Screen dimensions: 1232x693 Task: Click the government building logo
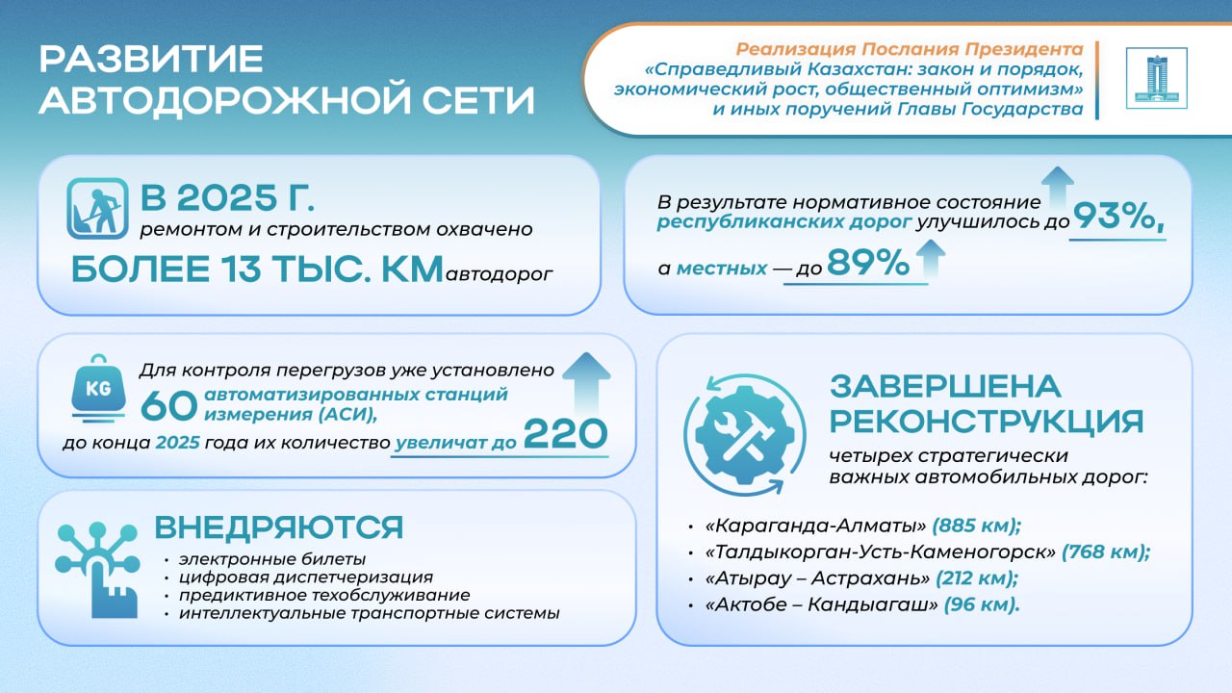(x=1157, y=78)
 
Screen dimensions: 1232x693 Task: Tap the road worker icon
(x=98, y=209)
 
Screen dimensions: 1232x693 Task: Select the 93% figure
(x=1118, y=216)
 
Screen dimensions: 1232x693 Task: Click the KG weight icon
(x=98, y=389)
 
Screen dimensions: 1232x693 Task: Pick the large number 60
(x=168, y=406)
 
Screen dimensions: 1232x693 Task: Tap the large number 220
(x=565, y=434)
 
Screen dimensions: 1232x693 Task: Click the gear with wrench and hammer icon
(x=745, y=435)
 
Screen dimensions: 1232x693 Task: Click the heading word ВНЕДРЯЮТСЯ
(x=279, y=527)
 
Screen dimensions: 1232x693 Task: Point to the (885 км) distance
(x=976, y=526)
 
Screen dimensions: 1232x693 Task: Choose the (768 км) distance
(x=1106, y=552)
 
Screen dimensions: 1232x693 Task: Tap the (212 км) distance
(x=977, y=578)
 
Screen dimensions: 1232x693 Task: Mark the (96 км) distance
(x=982, y=604)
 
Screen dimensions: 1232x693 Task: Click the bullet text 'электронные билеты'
(x=272, y=559)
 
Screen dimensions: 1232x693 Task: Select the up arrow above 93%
(x=1057, y=188)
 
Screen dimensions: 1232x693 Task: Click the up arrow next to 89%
(x=930, y=259)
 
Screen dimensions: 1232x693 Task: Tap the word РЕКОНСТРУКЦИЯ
(x=987, y=422)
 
